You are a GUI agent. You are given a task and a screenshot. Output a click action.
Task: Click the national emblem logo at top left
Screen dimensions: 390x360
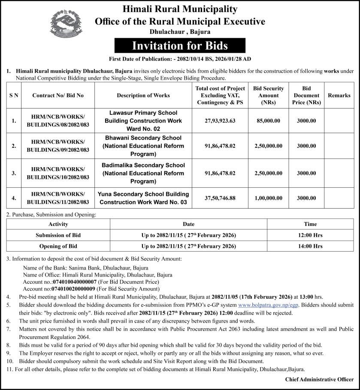65,24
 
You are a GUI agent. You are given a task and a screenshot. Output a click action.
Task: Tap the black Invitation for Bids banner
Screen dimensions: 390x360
180,45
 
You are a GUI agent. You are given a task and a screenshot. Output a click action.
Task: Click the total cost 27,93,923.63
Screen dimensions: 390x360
220,121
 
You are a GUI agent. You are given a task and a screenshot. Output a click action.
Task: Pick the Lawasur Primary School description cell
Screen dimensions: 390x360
143,121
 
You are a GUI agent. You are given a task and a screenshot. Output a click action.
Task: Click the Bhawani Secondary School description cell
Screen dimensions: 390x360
143,146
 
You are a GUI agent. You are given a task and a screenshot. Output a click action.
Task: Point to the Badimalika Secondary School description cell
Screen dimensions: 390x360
143,173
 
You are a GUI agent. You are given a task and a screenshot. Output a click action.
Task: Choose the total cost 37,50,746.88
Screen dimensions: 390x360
220,198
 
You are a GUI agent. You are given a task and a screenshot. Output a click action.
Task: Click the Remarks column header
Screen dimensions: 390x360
339,96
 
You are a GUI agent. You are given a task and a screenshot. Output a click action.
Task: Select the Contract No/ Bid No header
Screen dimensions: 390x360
58,96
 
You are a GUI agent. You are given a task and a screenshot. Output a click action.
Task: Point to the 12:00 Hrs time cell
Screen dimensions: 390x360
310,235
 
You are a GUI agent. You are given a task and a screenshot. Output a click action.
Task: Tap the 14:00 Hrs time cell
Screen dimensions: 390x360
310,246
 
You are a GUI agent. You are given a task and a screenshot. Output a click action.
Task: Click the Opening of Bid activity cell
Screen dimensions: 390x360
58,246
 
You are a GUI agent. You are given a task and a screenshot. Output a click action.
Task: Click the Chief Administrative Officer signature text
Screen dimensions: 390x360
319,379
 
